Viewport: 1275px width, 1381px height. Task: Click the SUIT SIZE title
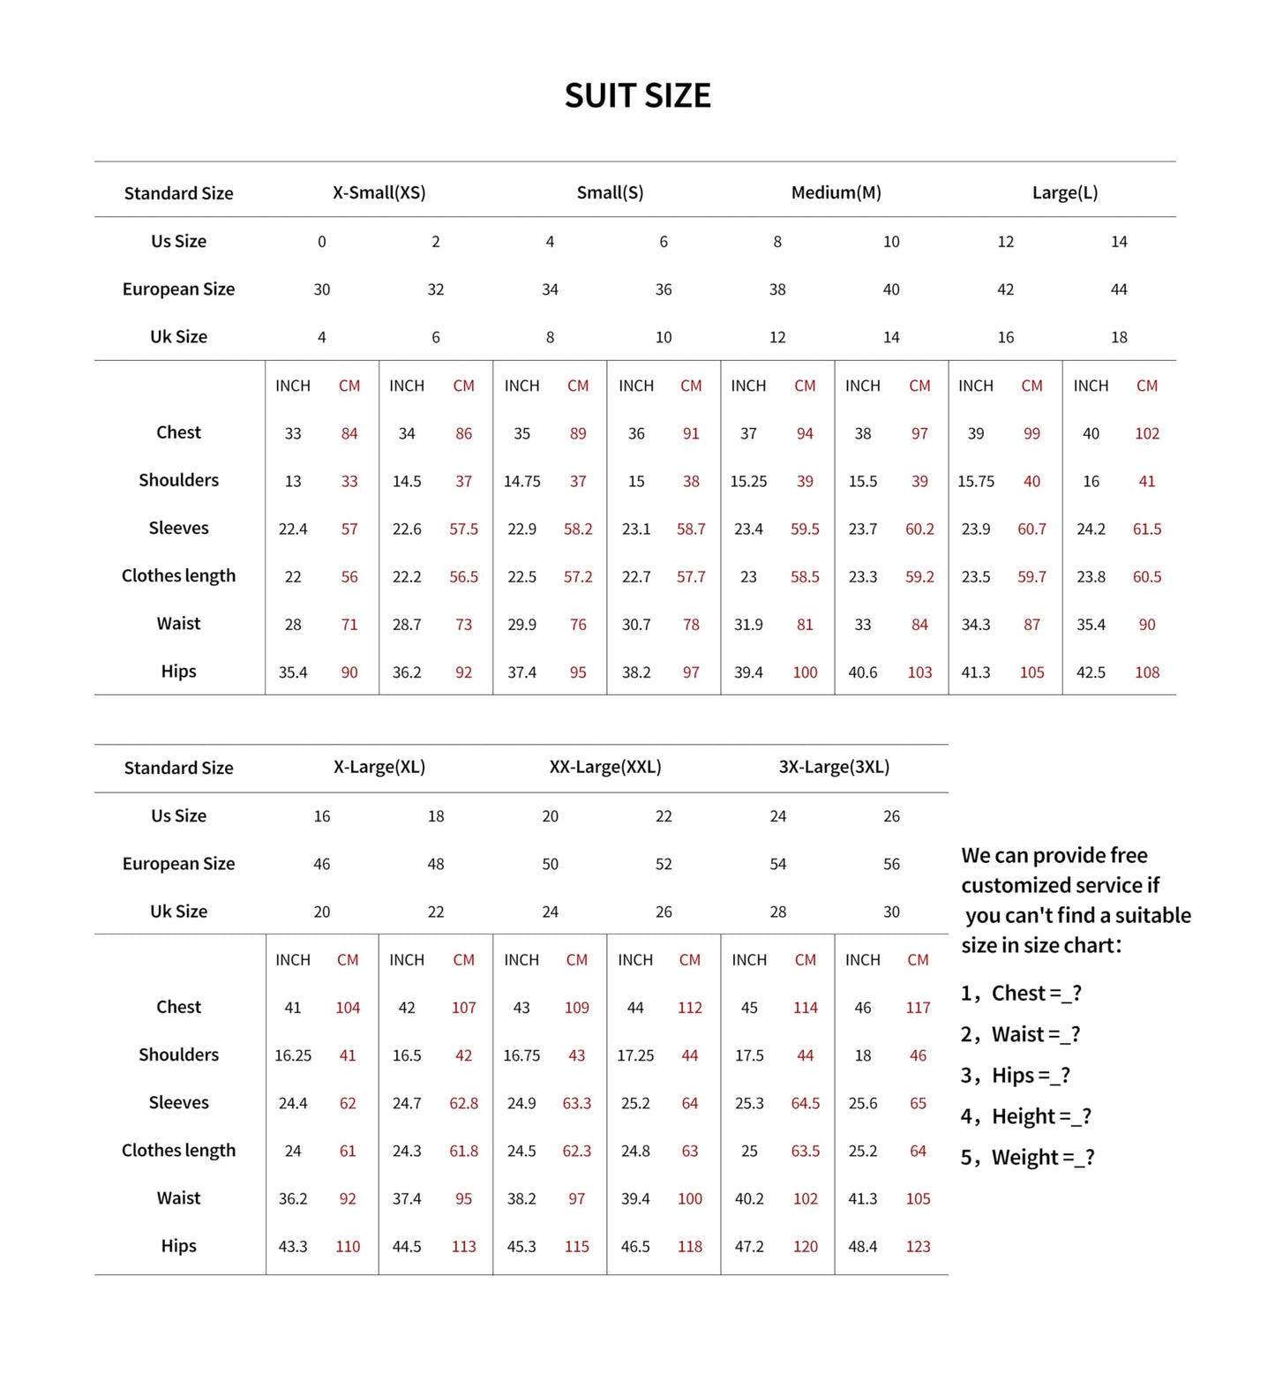(x=637, y=95)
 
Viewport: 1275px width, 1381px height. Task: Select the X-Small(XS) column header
(x=379, y=192)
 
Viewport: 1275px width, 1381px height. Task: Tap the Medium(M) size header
(x=836, y=192)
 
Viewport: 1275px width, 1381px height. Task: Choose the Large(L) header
(x=1064, y=192)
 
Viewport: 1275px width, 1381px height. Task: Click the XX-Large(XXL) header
(x=605, y=767)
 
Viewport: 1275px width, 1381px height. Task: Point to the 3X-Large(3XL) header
(x=834, y=767)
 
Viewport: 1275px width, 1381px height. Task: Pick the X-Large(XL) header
(x=379, y=767)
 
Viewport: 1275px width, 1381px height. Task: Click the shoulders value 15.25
(x=748, y=482)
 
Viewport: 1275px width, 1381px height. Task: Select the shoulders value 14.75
(x=521, y=482)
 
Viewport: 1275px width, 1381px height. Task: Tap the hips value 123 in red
(x=918, y=1247)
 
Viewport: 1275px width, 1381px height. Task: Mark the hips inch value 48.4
(x=862, y=1247)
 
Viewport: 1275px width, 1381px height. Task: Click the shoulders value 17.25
(x=635, y=1055)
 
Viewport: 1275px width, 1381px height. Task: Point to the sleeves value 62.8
(x=463, y=1103)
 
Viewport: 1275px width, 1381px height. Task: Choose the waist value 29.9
(x=521, y=625)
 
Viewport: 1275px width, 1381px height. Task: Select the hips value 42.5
(x=1091, y=672)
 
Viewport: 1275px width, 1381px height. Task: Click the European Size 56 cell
(x=891, y=864)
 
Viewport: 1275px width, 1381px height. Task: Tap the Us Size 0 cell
(x=322, y=242)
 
